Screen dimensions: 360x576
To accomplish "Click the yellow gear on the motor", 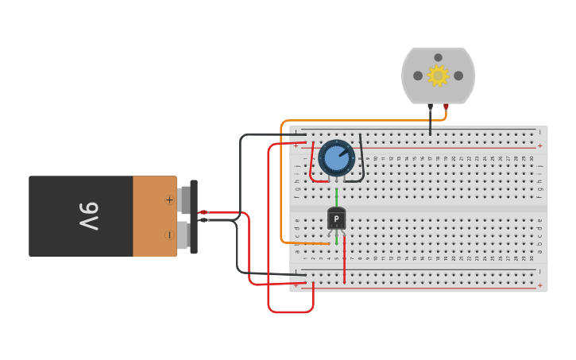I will click(438, 75).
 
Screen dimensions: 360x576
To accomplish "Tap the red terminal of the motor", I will click(446, 106).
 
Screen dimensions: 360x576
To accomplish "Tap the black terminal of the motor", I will click(430, 106).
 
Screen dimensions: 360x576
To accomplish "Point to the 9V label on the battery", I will click(88, 216).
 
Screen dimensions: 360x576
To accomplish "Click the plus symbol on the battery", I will click(168, 199).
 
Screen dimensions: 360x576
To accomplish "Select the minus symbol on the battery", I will click(168, 234).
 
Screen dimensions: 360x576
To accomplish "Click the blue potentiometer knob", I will click(337, 158).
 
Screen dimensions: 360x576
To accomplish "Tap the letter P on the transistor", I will click(336, 219).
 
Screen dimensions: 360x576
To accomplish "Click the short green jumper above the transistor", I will click(336, 196).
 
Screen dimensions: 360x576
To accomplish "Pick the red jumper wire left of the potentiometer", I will click(311, 164).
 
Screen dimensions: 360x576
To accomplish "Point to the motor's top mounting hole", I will click(438, 57).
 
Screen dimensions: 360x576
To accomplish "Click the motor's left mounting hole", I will click(418, 75).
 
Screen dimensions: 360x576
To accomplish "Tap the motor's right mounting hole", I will click(458, 75).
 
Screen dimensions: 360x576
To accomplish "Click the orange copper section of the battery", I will click(154, 216).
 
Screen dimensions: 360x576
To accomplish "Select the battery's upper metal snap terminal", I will click(185, 199).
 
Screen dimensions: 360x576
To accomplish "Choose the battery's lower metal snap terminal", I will click(184, 234).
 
